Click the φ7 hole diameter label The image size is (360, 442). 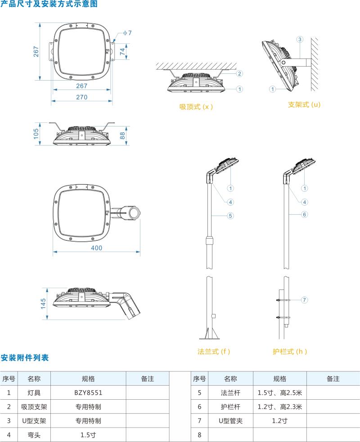[127, 33]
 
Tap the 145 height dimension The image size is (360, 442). [43, 303]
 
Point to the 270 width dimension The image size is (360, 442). [81, 97]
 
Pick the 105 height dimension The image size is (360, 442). [36, 133]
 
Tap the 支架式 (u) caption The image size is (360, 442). [304, 104]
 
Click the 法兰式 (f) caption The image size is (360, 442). [214, 352]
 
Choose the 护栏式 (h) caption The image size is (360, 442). [290, 352]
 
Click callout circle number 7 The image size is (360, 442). [304, 300]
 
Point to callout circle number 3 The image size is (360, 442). [300, 39]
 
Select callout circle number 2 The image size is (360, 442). [240, 73]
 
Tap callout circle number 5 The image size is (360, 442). [230, 216]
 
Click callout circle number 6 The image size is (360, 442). [304, 214]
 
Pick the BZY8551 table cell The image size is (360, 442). [88, 392]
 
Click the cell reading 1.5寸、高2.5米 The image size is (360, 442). [279, 392]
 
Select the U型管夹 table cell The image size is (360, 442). [230, 421]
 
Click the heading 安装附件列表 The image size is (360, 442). [24, 358]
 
